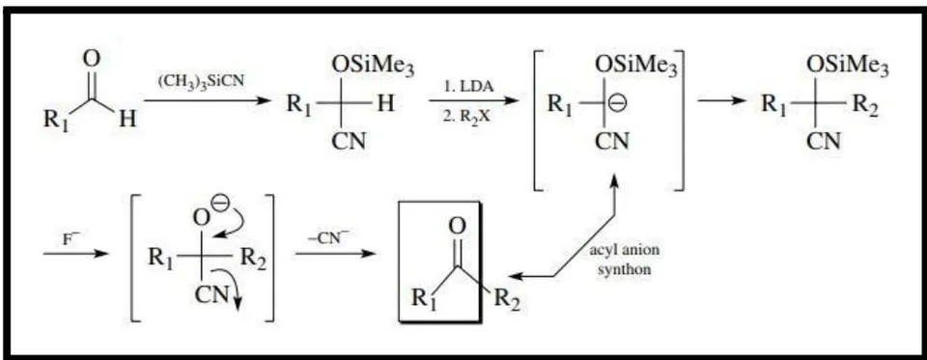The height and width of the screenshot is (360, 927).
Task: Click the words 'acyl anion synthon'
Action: [625, 259]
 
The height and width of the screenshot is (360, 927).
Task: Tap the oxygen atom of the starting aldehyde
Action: [92, 59]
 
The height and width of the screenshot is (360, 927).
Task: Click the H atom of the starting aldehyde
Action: [126, 119]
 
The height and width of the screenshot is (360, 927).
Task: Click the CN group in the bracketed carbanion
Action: [612, 141]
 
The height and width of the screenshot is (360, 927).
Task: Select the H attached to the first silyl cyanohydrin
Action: [385, 104]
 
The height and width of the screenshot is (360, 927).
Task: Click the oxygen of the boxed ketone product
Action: [458, 226]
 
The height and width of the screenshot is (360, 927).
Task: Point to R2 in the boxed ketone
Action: [507, 298]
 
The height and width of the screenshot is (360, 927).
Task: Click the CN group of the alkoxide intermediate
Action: [212, 293]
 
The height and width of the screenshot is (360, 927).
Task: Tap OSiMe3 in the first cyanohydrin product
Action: [373, 67]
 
